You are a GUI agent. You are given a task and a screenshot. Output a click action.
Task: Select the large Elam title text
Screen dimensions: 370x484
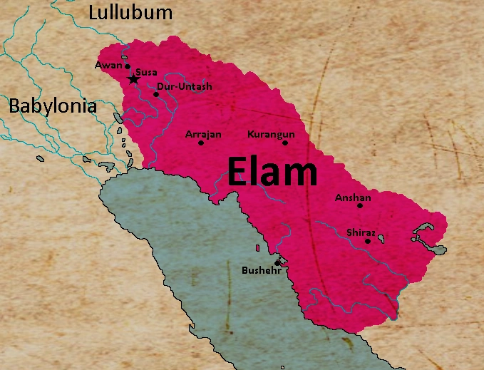pyautogui.click(x=272, y=172)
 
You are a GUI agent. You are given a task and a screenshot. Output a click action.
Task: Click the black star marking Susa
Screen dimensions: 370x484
pyautogui.click(x=133, y=79)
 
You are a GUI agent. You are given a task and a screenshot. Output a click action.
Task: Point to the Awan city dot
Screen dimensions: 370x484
pyautogui.click(x=128, y=66)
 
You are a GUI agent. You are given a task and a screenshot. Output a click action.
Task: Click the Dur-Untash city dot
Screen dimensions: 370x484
pyautogui.click(x=156, y=94)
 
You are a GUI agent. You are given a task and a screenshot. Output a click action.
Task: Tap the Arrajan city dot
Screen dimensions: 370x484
pyautogui.click(x=201, y=143)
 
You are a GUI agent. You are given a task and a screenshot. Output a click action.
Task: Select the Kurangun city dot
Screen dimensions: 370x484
pyautogui.click(x=285, y=143)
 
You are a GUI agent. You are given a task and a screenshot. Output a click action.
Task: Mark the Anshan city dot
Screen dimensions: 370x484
pyautogui.click(x=360, y=205)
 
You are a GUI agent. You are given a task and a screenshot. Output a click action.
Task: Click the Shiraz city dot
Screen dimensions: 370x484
pyautogui.click(x=368, y=241)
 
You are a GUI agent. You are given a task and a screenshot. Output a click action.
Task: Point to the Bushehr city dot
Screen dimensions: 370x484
pyautogui.click(x=277, y=262)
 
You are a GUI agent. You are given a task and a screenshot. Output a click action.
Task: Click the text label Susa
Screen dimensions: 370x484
pyautogui.click(x=147, y=73)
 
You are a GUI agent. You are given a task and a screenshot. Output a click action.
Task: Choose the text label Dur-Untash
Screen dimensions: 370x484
pyautogui.click(x=185, y=87)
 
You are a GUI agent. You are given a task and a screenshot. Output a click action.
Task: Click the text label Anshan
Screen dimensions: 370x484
pyautogui.click(x=352, y=197)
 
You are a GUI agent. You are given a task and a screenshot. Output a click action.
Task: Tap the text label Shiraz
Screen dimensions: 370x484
pyautogui.click(x=361, y=232)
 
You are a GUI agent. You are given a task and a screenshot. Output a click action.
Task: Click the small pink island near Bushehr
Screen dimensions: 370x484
pyautogui.click(x=257, y=248)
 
